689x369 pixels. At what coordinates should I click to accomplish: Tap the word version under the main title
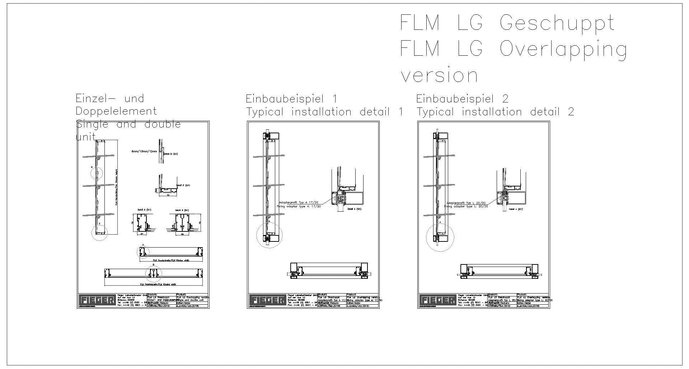pos(439,76)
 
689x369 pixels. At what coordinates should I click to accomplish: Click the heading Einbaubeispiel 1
pos(291,99)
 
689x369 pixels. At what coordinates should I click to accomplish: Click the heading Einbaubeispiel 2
pos(462,99)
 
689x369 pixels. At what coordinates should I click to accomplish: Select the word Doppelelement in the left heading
pos(116,111)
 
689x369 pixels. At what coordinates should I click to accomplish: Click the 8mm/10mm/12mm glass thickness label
pos(144,152)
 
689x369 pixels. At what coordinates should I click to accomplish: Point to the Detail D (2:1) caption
pos(171,154)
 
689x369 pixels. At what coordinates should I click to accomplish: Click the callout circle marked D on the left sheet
pos(97,174)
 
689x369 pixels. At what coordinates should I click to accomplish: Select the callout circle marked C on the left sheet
pos(99,233)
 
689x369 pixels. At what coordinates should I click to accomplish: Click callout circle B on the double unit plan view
pos(154,273)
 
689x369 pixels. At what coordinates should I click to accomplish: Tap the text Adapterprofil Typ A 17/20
pos(299,203)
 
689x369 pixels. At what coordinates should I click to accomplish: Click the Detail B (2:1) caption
pos(182,210)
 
